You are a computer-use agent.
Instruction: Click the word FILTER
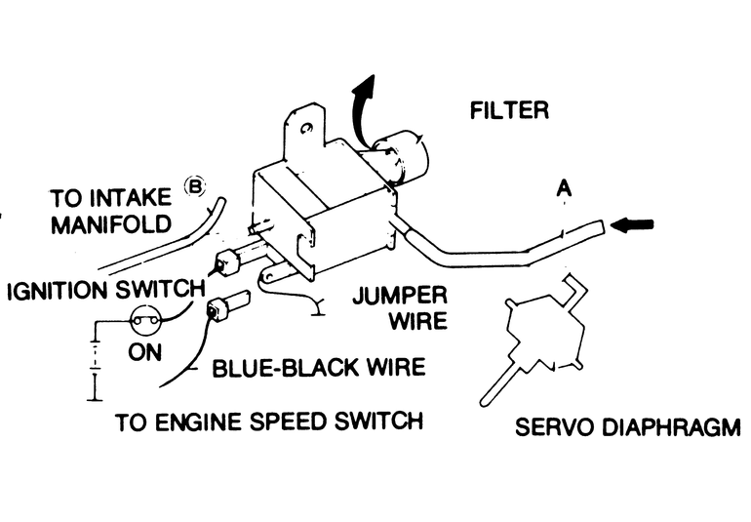click(x=509, y=110)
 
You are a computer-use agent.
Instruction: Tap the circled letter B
click(x=195, y=186)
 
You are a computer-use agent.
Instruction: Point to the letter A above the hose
click(x=564, y=188)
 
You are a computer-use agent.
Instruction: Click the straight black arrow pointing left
click(x=632, y=224)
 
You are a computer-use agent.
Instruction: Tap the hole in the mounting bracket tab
click(x=306, y=128)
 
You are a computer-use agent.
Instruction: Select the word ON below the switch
click(x=144, y=352)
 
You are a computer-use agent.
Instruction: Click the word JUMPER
click(x=401, y=296)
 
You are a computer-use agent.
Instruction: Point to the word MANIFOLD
click(x=110, y=224)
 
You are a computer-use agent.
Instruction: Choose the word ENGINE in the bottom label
click(x=200, y=422)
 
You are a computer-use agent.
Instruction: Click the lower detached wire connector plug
click(x=227, y=303)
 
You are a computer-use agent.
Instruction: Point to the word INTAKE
click(x=130, y=197)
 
